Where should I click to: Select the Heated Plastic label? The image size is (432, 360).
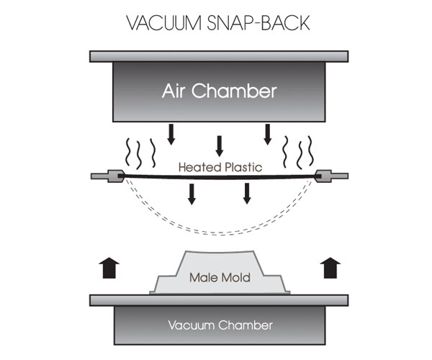(219, 167)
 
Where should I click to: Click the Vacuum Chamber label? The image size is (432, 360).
(220, 325)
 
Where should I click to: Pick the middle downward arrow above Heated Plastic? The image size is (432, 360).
(220, 146)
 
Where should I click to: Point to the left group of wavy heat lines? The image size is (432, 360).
(141, 151)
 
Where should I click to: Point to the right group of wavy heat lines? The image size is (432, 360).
(298, 151)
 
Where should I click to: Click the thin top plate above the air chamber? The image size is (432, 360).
(219, 56)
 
